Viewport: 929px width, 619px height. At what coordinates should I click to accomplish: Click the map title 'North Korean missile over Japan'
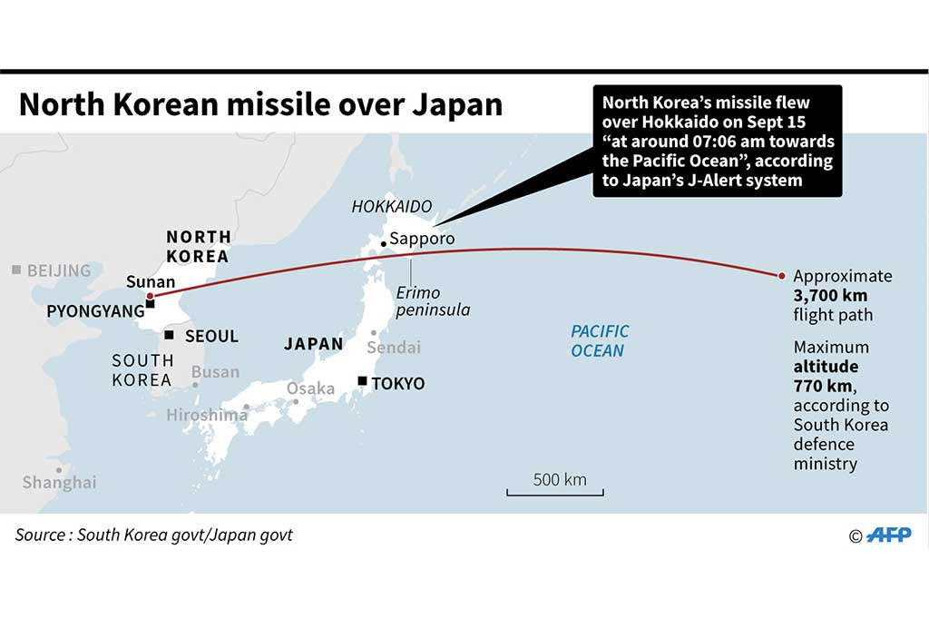tap(260, 104)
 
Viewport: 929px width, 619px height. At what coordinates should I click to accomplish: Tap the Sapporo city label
tap(422, 240)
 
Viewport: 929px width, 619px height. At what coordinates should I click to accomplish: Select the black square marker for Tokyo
tap(363, 381)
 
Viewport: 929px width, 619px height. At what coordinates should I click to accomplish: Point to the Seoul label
tap(211, 336)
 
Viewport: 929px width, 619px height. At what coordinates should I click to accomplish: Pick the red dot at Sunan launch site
tap(150, 296)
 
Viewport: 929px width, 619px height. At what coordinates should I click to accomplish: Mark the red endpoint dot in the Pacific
tap(782, 275)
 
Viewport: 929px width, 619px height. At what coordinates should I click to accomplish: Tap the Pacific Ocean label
tap(599, 341)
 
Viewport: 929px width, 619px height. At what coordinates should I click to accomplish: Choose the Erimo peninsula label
tap(431, 301)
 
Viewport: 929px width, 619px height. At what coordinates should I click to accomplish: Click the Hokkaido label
tap(392, 207)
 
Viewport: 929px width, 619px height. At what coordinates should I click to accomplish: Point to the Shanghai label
tap(59, 482)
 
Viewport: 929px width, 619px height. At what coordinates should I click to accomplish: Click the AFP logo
tap(889, 535)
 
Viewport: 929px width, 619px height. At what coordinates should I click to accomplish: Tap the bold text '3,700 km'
tap(830, 296)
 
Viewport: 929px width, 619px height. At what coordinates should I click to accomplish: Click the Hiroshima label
tap(207, 415)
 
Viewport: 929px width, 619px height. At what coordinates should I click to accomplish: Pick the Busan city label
tap(215, 371)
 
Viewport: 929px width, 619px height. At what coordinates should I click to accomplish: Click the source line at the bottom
tap(154, 535)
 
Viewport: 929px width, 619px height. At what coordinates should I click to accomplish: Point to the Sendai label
tap(394, 347)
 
